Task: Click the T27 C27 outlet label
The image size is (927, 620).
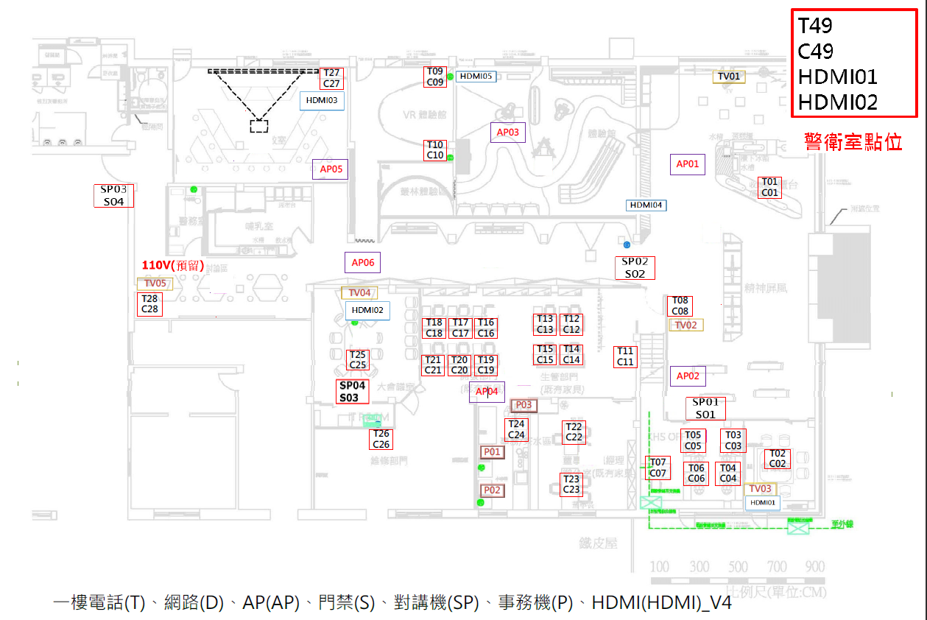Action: pyautogui.click(x=331, y=79)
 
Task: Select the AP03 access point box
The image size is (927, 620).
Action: pyautogui.click(x=508, y=133)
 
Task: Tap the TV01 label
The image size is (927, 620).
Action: pyautogui.click(x=729, y=77)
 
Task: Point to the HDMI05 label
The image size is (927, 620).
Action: pyautogui.click(x=476, y=76)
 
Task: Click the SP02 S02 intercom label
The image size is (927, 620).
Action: pyautogui.click(x=635, y=268)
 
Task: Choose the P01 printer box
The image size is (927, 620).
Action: pyautogui.click(x=492, y=452)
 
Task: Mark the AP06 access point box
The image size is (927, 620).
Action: pyautogui.click(x=363, y=263)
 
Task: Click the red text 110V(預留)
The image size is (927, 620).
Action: pyautogui.click(x=173, y=266)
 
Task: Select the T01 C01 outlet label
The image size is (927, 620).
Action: pyautogui.click(x=769, y=188)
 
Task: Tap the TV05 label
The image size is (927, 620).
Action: pyautogui.click(x=155, y=283)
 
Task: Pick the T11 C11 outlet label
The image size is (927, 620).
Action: pyautogui.click(x=625, y=357)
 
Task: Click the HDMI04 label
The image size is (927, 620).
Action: pyautogui.click(x=646, y=205)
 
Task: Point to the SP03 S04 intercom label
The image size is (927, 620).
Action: pyautogui.click(x=113, y=196)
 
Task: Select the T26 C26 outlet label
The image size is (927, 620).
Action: pyautogui.click(x=381, y=440)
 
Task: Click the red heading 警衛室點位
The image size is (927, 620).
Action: pyautogui.click(x=853, y=142)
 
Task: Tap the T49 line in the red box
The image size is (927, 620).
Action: pyautogui.click(x=816, y=27)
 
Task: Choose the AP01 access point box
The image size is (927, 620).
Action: pyautogui.click(x=688, y=164)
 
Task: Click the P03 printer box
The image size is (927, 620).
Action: pyautogui.click(x=523, y=406)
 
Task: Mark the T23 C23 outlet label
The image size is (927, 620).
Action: pyautogui.click(x=571, y=485)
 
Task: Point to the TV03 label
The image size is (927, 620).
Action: pyautogui.click(x=760, y=489)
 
